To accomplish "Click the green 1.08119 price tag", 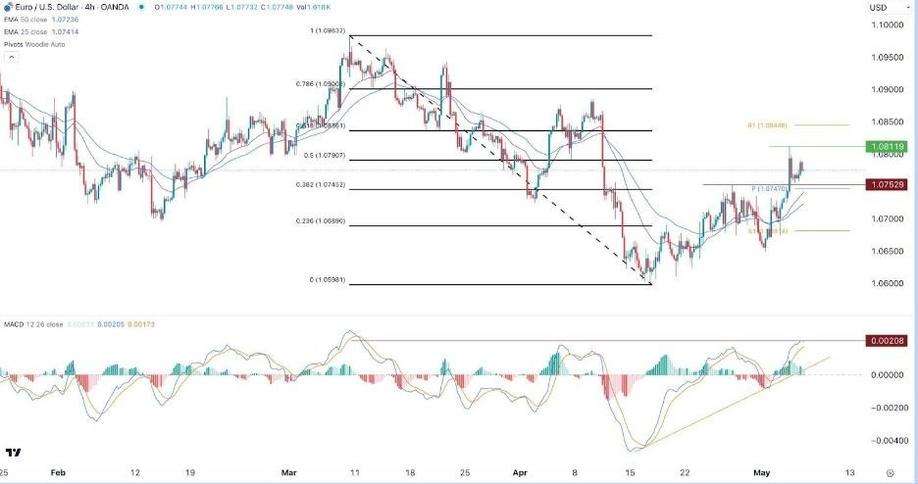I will click(886, 146).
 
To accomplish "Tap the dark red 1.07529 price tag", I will click(886, 184).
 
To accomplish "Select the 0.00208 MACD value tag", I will click(886, 340).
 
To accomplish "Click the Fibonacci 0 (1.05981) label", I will click(328, 280).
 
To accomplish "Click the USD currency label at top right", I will click(878, 8).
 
